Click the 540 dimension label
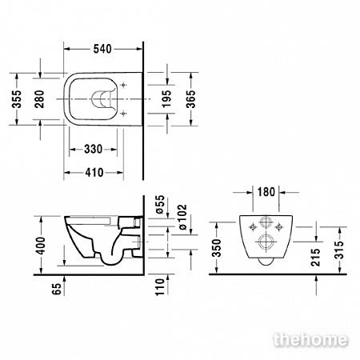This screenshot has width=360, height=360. (x=102, y=49)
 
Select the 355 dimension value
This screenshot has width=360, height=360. (x=17, y=99)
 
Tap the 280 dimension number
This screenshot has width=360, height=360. (x=39, y=99)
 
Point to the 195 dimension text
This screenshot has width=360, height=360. (x=166, y=99)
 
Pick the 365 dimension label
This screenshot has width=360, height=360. (x=190, y=99)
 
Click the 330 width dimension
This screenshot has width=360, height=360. (x=93, y=149)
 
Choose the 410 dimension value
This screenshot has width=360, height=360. (x=94, y=173)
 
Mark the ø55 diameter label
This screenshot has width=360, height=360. (x=160, y=204)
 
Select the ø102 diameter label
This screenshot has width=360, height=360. (x=183, y=217)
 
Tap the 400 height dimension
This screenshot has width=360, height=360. (x=41, y=246)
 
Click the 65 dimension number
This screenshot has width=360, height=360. (x=57, y=289)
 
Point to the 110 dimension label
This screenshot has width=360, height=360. (x=160, y=287)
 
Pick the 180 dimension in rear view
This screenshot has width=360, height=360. (x=266, y=192)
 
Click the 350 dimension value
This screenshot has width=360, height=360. (x=217, y=248)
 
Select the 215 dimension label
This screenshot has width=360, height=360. (x=315, y=258)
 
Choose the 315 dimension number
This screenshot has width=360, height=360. (x=339, y=250)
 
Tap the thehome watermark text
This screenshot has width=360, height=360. (x=311, y=340)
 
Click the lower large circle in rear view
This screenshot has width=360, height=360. (x=266, y=242)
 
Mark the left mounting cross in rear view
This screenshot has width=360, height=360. (x=253, y=227)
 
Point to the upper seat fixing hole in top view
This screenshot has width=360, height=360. (x=123, y=85)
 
